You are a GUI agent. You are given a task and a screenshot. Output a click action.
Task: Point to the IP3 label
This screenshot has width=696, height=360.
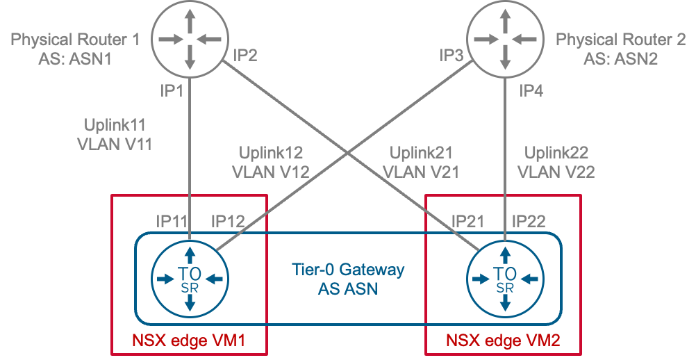[x=451, y=56]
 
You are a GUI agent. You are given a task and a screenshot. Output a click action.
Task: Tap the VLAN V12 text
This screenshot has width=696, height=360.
[x=271, y=171]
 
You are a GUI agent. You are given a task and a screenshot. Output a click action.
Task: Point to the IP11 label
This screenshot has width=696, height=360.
[x=172, y=222]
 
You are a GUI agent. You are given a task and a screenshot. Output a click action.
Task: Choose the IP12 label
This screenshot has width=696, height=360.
[x=228, y=222]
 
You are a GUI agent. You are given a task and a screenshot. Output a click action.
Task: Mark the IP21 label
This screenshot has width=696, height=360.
[x=467, y=222]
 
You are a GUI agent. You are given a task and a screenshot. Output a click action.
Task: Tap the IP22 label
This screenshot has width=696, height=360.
[x=529, y=222]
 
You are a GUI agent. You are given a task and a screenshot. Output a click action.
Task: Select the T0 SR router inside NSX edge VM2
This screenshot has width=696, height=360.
[x=505, y=278]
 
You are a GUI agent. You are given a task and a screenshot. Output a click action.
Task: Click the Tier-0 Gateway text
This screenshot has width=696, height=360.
[x=348, y=269]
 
